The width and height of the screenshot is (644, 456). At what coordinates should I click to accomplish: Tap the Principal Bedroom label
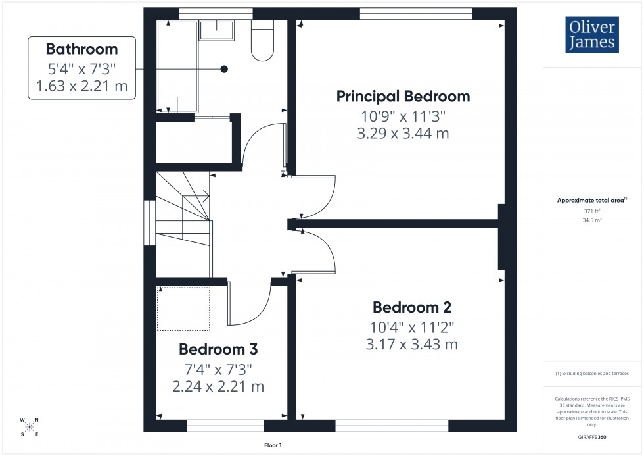[403, 97]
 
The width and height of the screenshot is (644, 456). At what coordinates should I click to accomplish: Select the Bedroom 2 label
[411, 307]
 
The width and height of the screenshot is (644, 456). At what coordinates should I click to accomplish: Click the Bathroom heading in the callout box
[81, 49]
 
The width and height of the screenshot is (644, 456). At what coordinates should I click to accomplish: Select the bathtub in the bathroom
[177, 66]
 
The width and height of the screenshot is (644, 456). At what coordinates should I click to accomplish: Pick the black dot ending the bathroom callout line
[224, 69]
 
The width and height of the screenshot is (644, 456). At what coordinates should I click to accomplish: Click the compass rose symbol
[30, 426]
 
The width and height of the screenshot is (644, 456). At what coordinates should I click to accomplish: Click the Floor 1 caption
[272, 445]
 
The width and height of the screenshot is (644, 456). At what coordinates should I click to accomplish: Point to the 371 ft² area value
[593, 211]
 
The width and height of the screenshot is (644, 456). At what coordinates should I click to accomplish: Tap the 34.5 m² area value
[593, 220]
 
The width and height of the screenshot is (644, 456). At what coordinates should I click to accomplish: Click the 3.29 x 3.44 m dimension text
[403, 134]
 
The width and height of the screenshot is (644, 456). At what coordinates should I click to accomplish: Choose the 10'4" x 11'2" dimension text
[411, 326]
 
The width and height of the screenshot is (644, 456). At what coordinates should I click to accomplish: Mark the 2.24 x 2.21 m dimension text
[218, 386]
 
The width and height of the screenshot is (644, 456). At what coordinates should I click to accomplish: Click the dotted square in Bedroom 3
[183, 309]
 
